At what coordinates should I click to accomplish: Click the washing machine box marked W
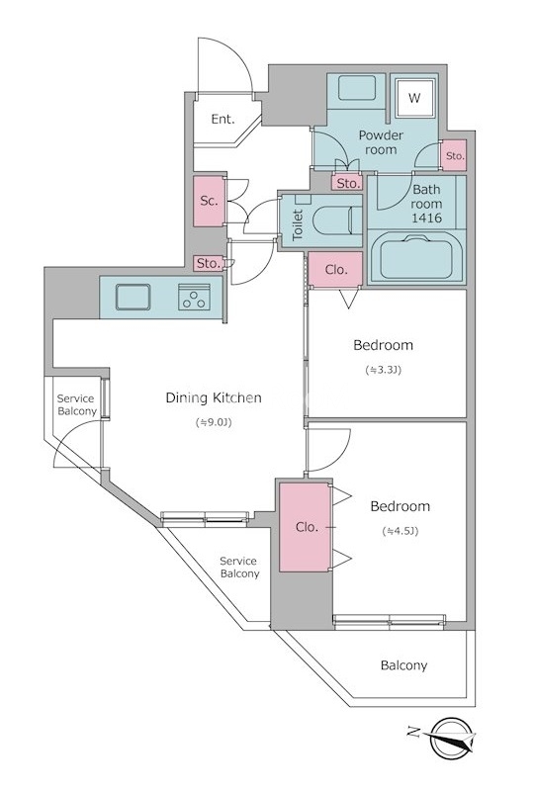(x=414, y=97)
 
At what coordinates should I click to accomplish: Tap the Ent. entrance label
(x=223, y=119)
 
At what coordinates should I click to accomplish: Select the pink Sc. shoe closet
(x=209, y=201)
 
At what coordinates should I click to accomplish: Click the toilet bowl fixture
(x=336, y=220)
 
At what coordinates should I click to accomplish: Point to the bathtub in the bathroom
(x=416, y=258)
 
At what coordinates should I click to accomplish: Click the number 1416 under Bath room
(x=426, y=218)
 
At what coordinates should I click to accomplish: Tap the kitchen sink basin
(x=133, y=297)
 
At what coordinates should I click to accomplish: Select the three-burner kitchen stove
(x=194, y=297)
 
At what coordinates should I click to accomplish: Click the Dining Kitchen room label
(x=214, y=397)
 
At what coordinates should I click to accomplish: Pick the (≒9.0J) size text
(x=214, y=423)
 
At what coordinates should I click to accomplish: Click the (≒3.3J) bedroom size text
(x=383, y=370)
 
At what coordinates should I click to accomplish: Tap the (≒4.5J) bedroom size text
(x=401, y=531)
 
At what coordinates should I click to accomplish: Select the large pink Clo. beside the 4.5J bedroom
(x=306, y=527)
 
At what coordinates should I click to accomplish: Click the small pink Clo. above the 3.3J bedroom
(x=335, y=270)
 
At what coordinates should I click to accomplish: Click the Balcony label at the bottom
(x=403, y=665)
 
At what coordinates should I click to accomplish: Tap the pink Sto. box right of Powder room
(x=455, y=156)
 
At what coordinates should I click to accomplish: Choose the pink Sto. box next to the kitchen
(x=209, y=263)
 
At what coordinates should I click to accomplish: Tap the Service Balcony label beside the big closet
(x=239, y=568)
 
